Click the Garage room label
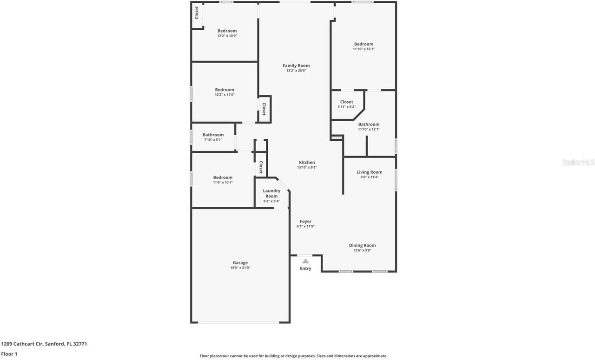click(x=240, y=263)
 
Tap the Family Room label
click(x=296, y=66)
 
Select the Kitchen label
click(x=307, y=163)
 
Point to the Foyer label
click(x=305, y=222)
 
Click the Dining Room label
click(x=362, y=245)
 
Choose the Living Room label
click(x=370, y=172)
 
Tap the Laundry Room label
click(x=271, y=193)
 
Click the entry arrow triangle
click(x=305, y=261)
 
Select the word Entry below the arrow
click(x=305, y=268)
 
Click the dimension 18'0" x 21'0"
click(x=240, y=268)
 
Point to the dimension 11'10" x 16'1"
click(x=364, y=49)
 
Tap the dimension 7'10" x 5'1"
click(x=213, y=140)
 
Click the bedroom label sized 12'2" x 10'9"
click(x=227, y=31)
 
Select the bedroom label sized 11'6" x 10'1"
click(x=223, y=177)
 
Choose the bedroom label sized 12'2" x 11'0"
click(x=225, y=90)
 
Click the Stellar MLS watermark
click(x=578, y=162)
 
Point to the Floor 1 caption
click(x=9, y=354)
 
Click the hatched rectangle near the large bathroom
click(x=337, y=137)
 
